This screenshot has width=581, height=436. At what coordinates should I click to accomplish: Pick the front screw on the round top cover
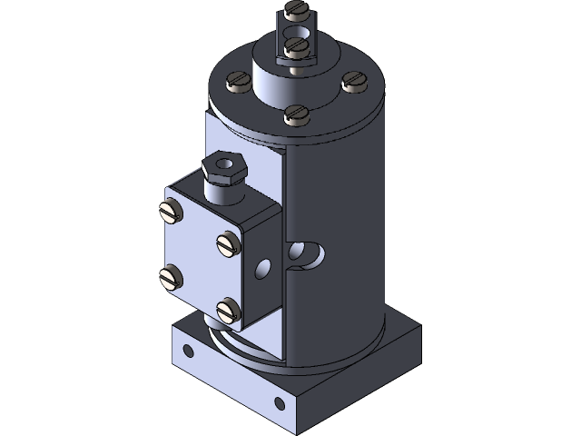[295, 114]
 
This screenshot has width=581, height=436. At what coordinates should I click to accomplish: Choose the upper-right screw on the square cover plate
[227, 243]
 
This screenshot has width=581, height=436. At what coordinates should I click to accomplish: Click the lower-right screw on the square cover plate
[227, 311]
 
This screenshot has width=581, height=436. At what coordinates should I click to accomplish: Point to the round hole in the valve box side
[263, 267]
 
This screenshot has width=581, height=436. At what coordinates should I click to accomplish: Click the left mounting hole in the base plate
[188, 350]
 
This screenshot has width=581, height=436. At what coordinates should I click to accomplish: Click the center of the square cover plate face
[199, 262]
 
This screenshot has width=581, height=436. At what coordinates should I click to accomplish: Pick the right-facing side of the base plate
[363, 381]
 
